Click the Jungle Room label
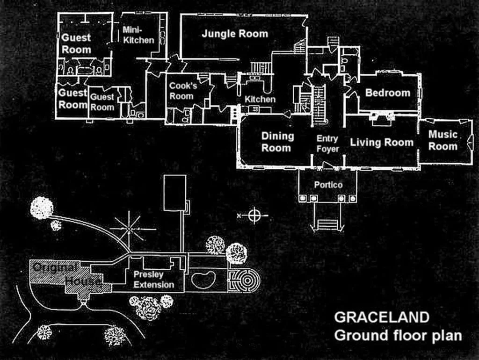235,34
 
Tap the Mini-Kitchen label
138,35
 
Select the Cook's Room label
183,91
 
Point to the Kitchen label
260,99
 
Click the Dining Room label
277,142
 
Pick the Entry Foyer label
327,144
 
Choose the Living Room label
382,142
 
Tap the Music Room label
443,140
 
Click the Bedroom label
388,93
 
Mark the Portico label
328,185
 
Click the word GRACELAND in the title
382,317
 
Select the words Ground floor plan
398,336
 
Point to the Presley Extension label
153,280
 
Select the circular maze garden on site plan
245,281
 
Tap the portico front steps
327,225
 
